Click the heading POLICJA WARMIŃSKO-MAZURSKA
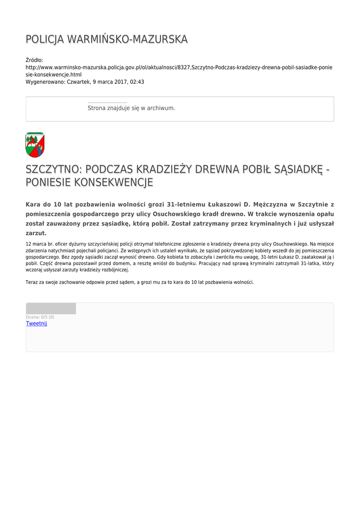[106, 39]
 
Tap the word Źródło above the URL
[34, 60]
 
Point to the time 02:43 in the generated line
[137, 82]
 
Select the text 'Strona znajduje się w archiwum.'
[131, 108]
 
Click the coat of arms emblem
[35, 144]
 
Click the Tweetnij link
[36, 323]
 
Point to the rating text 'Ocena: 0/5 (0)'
[40, 317]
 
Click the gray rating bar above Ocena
[51, 309]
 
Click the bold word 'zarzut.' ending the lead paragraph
[36, 233]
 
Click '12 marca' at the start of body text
[36, 244]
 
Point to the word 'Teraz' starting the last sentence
[32, 282]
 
